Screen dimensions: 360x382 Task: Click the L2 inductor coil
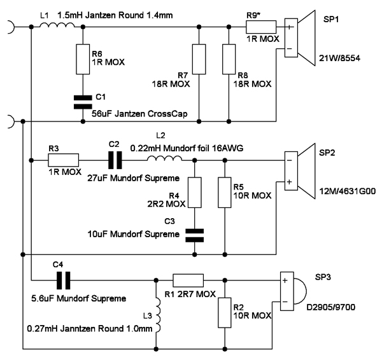pyautogui.click(x=161, y=159)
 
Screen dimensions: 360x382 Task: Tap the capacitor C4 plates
pyautogui.click(x=64, y=278)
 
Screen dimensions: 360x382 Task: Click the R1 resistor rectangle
pyautogui.click(x=189, y=278)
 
